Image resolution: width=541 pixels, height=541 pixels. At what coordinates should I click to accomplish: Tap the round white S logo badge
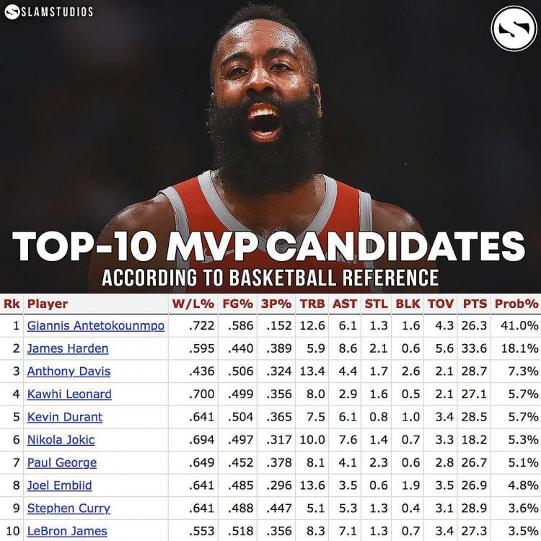coord(514,29)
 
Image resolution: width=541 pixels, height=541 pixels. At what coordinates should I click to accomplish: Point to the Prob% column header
coord(516,304)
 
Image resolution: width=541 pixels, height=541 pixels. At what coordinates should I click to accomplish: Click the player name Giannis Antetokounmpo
coord(95,326)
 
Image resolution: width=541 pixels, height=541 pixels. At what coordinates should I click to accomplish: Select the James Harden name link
coord(68,349)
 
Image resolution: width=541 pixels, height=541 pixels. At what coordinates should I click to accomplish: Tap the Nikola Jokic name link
coord(61,440)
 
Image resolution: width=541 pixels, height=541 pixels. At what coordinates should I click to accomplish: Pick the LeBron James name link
coord(67,532)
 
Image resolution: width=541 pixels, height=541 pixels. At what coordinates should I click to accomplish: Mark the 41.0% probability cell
coord(519,326)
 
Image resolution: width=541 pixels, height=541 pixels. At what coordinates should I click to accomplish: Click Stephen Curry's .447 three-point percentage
coord(278,509)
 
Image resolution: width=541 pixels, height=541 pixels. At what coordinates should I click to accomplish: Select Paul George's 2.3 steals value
coord(377,463)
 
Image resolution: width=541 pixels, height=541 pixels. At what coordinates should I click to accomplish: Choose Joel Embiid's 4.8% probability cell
coord(522,485)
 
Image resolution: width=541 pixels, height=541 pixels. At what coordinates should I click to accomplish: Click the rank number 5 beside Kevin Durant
coord(15,418)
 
